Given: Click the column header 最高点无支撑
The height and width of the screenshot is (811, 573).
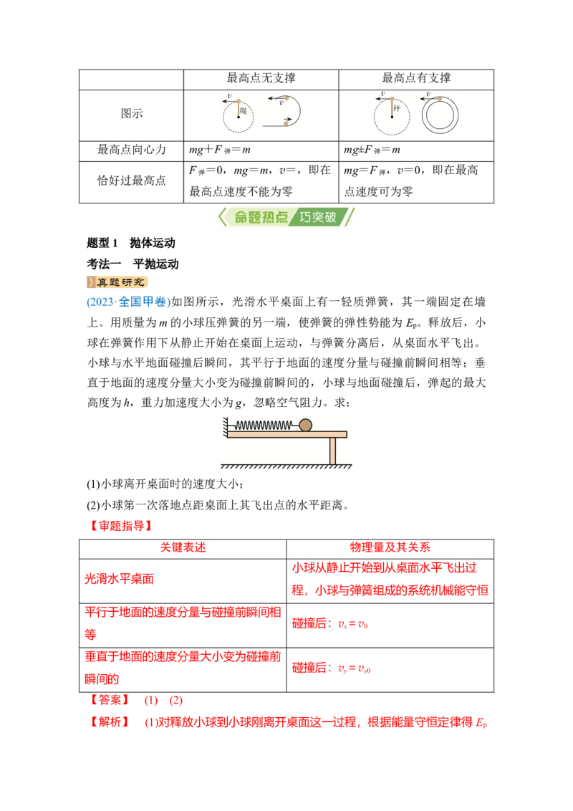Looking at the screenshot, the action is tap(261, 78).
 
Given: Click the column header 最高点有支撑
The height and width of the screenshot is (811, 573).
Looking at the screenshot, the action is tap(416, 78).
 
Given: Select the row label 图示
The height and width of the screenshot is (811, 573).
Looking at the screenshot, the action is tap(131, 114).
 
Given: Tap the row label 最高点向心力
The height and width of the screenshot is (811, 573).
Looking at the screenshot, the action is tap(131, 150).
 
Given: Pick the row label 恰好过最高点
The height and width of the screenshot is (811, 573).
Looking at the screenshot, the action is tap(131, 181).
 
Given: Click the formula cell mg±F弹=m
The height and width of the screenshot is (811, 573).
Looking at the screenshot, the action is tap(372, 150).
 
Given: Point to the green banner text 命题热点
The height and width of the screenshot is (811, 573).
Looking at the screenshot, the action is tap(261, 217).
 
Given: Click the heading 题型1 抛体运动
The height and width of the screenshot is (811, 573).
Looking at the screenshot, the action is tap(131, 243).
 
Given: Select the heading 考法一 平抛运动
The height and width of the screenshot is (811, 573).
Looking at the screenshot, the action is tap(133, 264).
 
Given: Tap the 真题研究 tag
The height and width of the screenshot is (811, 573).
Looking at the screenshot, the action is tap(117, 282).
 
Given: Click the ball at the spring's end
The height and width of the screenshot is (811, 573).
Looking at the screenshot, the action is tap(306, 425).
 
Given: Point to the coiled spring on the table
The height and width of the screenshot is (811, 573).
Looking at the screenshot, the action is tap(264, 426).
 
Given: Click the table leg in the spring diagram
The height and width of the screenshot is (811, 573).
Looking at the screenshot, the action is tap(332, 451).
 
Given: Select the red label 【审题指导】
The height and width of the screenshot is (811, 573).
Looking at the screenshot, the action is tap(121, 526).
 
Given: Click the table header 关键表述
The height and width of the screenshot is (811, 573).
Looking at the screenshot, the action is tap(183, 548).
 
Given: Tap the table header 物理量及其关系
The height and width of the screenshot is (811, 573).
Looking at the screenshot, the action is tap(390, 548).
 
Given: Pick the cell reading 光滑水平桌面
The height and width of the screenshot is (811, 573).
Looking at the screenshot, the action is tap(120, 580).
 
